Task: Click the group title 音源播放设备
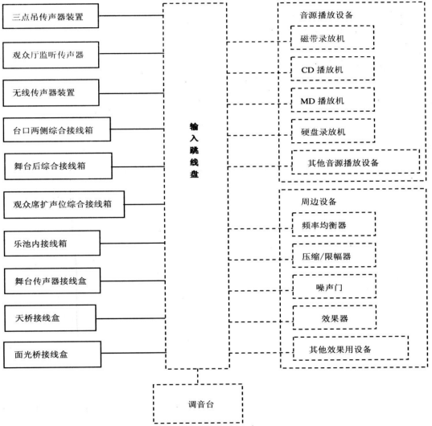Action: pos(326,15)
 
